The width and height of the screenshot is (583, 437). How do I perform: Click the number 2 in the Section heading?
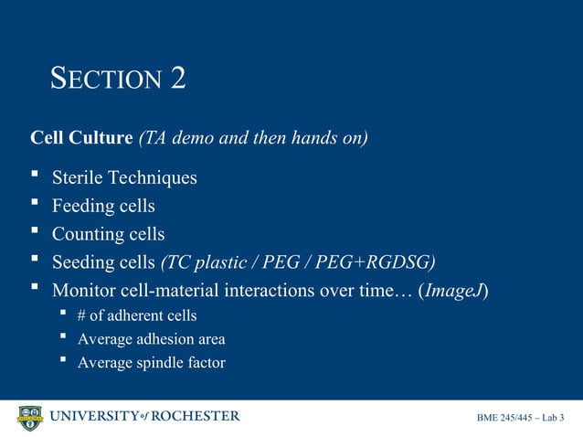click(177, 78)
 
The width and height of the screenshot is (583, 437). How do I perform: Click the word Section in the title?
click(106, 80)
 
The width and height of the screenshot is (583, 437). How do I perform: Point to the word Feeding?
click(84, 206)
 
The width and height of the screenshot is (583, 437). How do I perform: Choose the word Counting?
click(88, 234)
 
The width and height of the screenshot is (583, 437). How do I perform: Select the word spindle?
click(163, 362)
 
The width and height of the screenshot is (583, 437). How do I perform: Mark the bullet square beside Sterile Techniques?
click(35, 175)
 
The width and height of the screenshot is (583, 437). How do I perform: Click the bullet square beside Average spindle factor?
click(63, 360)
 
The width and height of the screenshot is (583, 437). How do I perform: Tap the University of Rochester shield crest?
click(30, 419)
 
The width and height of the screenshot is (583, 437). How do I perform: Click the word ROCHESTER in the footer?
click(195, 417)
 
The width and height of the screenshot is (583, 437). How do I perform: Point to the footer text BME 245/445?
click(505, 419)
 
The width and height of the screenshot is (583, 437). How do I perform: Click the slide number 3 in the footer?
click(561, 419)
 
